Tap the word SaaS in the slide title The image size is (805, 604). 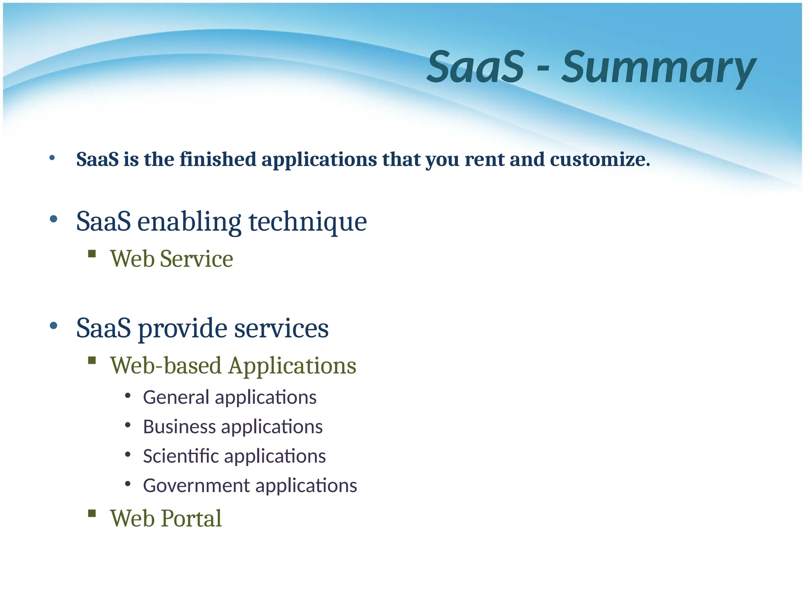(476, 68)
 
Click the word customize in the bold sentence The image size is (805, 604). (599, 160)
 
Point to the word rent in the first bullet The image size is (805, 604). (484, 160)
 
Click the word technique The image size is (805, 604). (308, 222)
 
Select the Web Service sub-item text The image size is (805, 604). (171, 259)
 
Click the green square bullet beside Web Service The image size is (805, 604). (92, 254)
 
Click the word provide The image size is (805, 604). (182, 329)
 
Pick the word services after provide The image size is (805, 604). (281, 329)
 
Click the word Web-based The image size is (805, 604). (166, 366)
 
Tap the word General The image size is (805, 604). (176, 397)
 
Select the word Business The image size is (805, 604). (179, 427)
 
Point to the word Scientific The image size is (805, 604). (181, 456)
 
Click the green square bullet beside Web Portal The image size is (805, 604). (92, 513)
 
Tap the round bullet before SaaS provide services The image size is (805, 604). (54, 326)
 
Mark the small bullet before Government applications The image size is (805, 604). (127, 484)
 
